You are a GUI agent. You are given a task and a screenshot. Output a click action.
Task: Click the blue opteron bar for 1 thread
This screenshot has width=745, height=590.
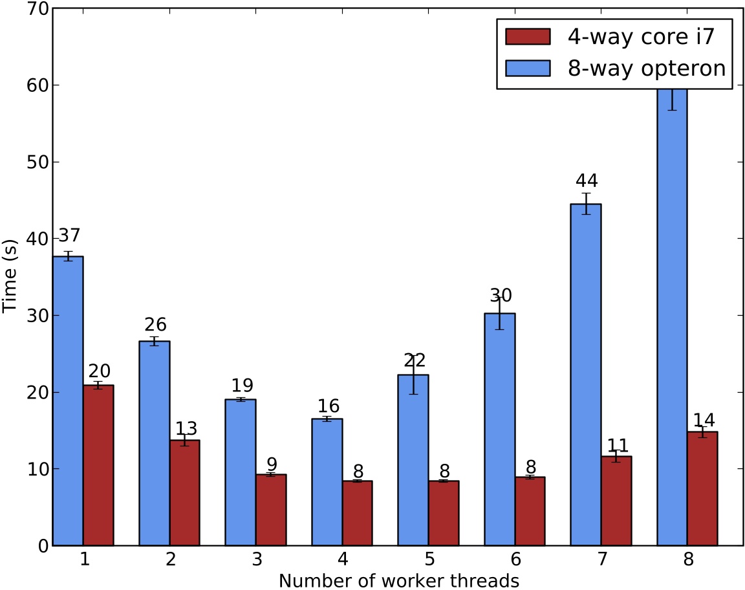click(x=67, y=401)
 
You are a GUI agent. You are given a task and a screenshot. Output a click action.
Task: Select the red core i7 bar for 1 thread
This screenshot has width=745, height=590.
click(x=98, y=465)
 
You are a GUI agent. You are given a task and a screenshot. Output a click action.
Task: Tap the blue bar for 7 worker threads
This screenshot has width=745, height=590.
click(x=585, y=375)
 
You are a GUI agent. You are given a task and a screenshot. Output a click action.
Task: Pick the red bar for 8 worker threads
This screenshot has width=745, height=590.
click(x=702, y=488)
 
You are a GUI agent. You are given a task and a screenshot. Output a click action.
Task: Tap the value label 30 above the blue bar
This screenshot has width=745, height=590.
click(x=500, y=296)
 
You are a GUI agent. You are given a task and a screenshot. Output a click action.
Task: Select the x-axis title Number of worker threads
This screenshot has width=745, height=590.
click(x=399, y=580)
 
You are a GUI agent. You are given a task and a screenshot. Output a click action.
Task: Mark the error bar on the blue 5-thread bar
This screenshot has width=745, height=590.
click(x=413, y=375)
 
